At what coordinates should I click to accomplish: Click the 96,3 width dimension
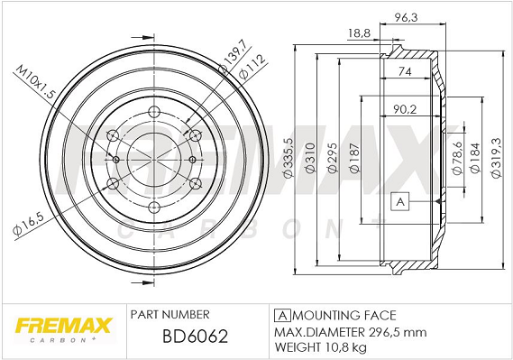(406, 17)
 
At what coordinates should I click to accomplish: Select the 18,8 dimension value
(359, 33)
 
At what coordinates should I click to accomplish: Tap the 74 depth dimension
(405, 71)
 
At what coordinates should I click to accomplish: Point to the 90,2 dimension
(405, 109)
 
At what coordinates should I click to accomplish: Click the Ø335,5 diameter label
(289, 157)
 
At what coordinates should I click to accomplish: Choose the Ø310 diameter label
(310, 157)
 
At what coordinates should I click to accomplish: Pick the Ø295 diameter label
(332, 157)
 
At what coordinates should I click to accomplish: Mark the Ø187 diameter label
(354, 157)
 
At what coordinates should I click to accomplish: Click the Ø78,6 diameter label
(457, 157)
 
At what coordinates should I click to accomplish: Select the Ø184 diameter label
(475, 157)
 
